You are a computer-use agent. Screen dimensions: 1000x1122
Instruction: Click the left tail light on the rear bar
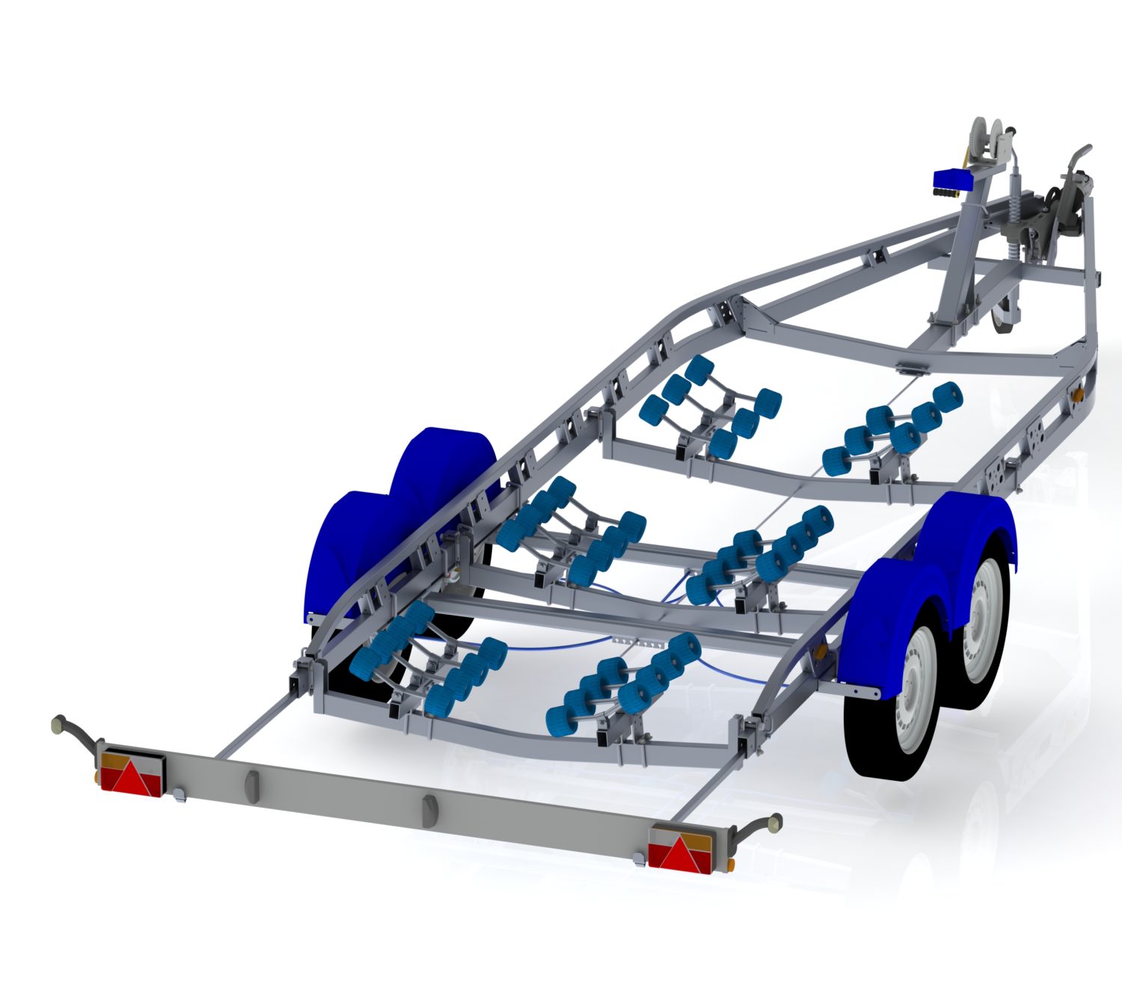click(x=132, y=773)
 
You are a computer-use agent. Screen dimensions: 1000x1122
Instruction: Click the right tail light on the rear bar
click(x=680, y=847)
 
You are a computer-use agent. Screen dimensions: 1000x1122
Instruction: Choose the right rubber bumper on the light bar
click(x=429, y=811)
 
